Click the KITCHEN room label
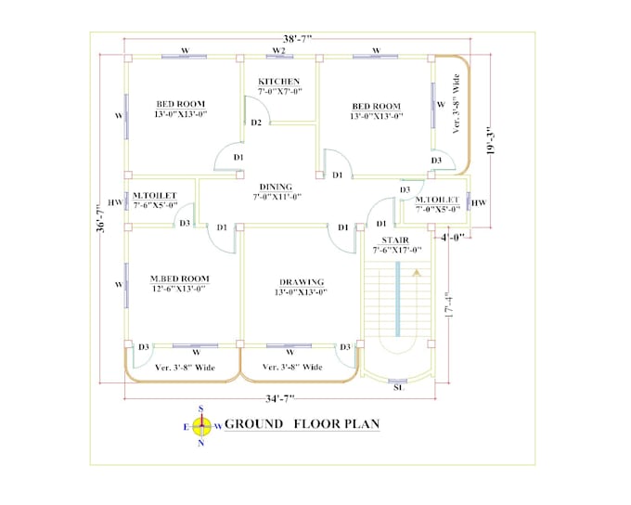278,82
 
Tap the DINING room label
276,187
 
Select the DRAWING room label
302,281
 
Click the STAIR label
396,240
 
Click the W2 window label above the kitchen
277,49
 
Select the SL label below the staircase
398,389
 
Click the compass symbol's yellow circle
201,425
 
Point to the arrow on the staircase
417,274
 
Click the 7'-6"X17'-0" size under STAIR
396,250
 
